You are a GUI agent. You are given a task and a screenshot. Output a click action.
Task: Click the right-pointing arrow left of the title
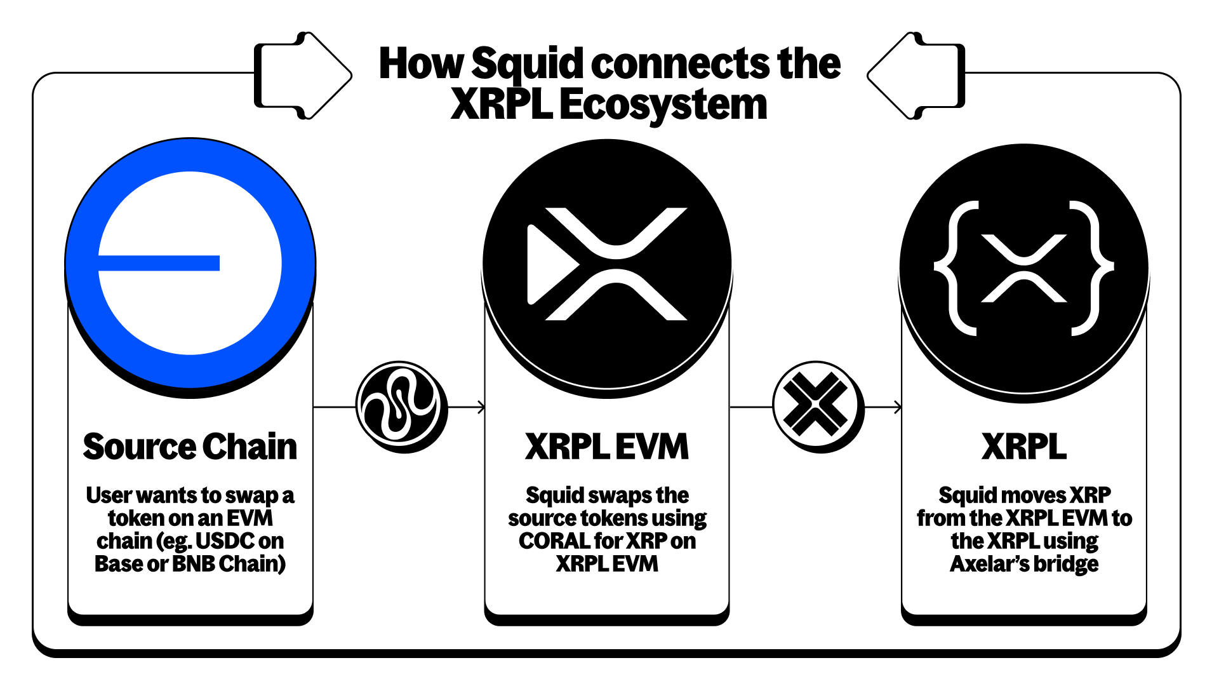click(x=303, y=75)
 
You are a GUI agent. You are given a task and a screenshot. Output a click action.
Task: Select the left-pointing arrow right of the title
click(x=916, y=75)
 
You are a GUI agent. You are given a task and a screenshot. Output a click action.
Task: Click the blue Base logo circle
click(x=190, y=263)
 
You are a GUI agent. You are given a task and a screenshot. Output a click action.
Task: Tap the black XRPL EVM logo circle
click(x=607, y=263)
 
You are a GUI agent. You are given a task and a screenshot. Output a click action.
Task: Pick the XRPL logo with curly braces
click(x=1023, y=267)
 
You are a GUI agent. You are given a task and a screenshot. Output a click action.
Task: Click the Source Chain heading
click(x=190, y=447)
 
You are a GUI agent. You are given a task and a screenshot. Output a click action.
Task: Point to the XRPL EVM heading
click(x=607, y=447)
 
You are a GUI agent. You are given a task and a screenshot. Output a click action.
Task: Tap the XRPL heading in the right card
click(x=1023, y=447)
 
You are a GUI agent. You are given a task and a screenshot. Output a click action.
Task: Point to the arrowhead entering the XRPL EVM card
click(x=482, y=407)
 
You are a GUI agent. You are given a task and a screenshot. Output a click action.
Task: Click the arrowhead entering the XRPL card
click(x=898, y=407)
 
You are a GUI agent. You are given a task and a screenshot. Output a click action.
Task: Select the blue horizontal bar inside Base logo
click(x=159, y=263)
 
